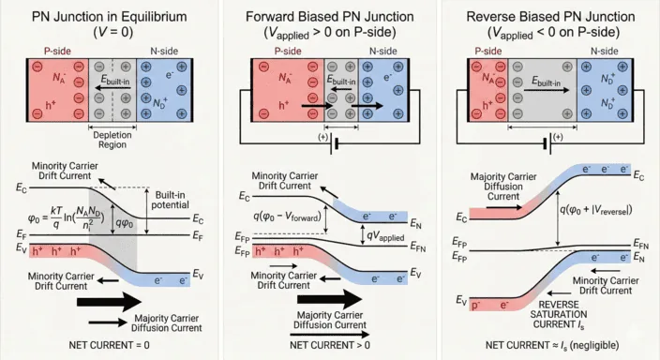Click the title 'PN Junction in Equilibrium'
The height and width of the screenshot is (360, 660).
pyautogui.click(x=109, y=16)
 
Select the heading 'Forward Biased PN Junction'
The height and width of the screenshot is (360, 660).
pyautogui.click(x=329, y=16)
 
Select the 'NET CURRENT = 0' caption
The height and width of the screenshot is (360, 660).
pyautogui.click(x=109, y=346)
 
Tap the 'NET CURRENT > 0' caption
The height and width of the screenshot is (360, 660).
pyautogui.click(x=329, y=346)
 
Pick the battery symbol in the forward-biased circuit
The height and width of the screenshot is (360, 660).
pyautogui.click(x=329, y=145)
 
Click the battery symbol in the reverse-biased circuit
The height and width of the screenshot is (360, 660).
pyautogui.click(x=549, y=144)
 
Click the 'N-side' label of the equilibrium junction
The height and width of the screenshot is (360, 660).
pyautogui.click(x=164, y=50)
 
